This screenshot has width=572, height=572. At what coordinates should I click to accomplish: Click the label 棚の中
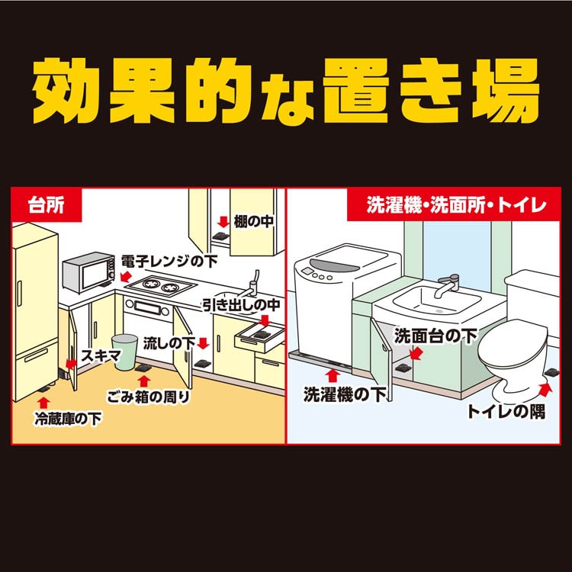(x=252, y=222)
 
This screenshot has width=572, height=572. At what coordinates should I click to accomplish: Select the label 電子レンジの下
(x=169, y=261)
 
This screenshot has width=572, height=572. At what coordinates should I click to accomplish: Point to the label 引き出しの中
(x=242, y=304)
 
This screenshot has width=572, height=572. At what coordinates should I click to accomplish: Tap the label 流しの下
(x=169, y=342)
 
